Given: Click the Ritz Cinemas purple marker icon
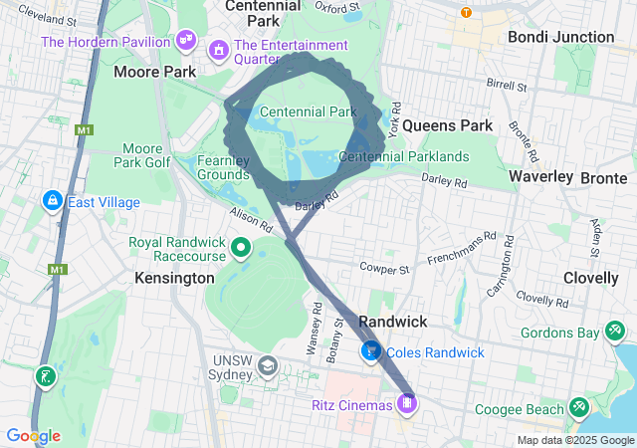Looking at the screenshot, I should (407, 403).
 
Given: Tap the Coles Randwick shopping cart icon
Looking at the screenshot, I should (371, 351).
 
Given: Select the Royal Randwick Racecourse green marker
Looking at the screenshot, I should (240, 247).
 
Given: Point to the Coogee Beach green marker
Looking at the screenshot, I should (578, 408).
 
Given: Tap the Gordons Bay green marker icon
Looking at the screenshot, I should (616, 331).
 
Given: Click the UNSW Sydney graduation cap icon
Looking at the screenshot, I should (267, 366).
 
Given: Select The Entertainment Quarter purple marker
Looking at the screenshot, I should (218, 48).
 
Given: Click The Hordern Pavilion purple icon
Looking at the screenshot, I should (184, 40).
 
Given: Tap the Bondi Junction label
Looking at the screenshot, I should (560, 37).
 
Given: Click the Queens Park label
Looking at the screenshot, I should (448, 125).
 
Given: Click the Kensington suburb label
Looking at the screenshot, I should (174, 278).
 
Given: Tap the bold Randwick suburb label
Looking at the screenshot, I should (392, 322).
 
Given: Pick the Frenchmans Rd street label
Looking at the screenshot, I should (461, 250).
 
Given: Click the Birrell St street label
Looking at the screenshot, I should (506, 86).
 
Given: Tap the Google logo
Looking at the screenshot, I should (33, 436).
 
